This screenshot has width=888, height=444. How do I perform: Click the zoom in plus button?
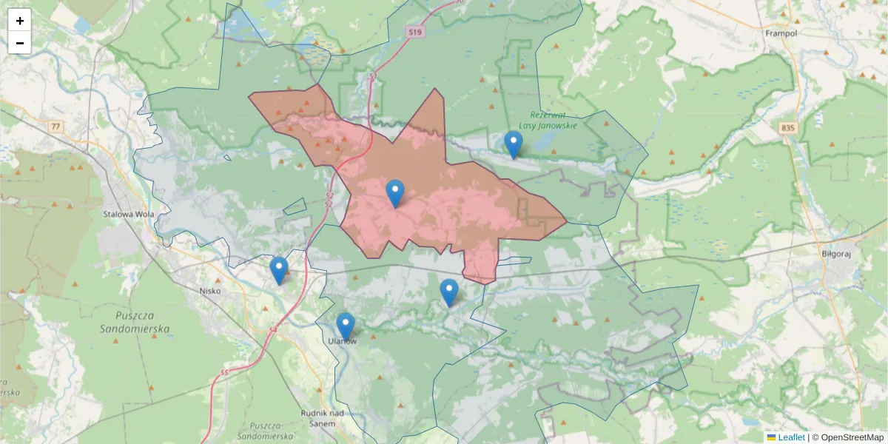point(20,21)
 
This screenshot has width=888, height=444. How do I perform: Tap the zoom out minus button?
point(20,43)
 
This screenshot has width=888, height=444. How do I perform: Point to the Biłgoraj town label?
point(837,252)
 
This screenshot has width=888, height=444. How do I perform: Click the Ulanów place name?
point(343,341)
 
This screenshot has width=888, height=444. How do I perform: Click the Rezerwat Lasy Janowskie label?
point(553,120)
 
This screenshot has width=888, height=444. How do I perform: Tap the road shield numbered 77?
point(55,127)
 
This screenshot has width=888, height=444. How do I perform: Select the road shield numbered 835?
point(787,128)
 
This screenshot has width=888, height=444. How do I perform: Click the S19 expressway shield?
point(417,32)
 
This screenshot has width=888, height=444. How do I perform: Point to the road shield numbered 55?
point(224,373)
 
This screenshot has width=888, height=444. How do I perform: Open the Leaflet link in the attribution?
point(791,437)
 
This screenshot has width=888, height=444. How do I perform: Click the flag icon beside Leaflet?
point(771,437)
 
